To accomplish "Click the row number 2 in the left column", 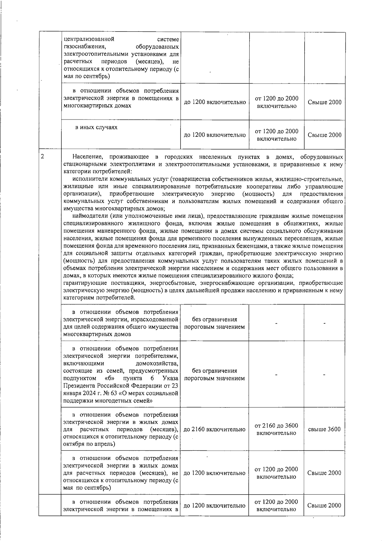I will click(42, 157).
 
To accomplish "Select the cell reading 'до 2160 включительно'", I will click(215, 429).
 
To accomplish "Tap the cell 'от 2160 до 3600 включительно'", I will click(276, 429).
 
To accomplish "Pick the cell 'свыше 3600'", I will click(324, 429).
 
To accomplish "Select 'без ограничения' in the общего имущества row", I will click(215, 319).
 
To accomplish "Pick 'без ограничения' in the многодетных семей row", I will click(215, 371).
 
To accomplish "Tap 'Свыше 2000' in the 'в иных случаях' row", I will click(324, 135).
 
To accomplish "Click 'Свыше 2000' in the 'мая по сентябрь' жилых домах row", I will click(324, 473).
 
